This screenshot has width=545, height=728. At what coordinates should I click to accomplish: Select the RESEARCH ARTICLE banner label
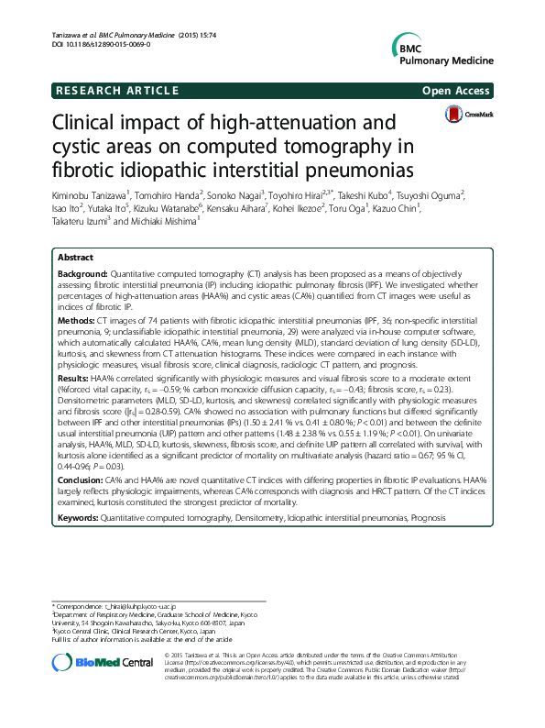pos(116,90)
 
